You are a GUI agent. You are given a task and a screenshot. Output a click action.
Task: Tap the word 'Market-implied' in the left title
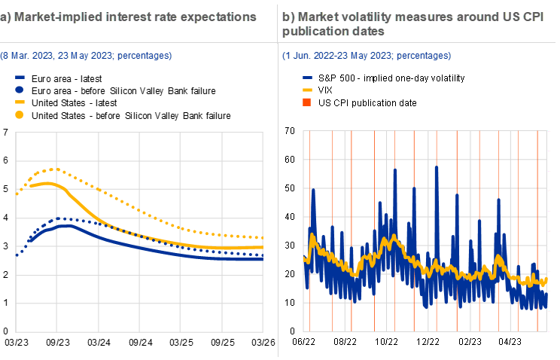coord(50,17)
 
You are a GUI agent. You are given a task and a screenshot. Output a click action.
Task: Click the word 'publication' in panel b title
coord(312,31)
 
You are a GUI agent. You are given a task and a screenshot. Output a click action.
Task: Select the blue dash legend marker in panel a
coord(20,77)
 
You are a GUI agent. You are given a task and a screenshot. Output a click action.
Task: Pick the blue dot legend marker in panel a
coord(20,89)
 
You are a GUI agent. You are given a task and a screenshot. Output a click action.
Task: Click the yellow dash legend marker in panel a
coord(20,102)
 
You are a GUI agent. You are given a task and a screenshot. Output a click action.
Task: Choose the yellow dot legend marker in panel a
coord(20,114)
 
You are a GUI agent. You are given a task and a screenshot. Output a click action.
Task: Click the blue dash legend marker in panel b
coord(307,77)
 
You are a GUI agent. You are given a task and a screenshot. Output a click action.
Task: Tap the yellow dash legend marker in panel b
coord(307,89)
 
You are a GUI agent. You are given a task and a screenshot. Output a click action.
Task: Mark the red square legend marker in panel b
coord(307,102)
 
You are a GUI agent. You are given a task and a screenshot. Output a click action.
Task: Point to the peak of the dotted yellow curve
coord(55,169)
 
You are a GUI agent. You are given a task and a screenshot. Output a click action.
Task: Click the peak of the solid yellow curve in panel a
coord(49,183)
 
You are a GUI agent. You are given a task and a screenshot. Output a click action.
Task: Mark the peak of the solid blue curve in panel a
coord(67,224)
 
